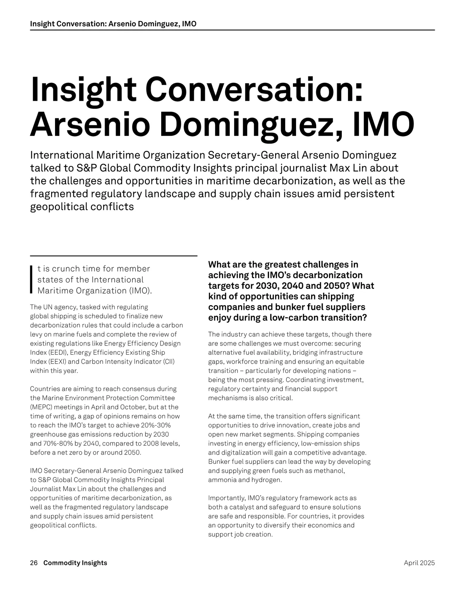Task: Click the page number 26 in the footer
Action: point(34,563)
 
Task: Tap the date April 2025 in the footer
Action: point(419,563)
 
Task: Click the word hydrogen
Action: point(266,480)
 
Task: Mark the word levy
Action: point(37,334)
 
